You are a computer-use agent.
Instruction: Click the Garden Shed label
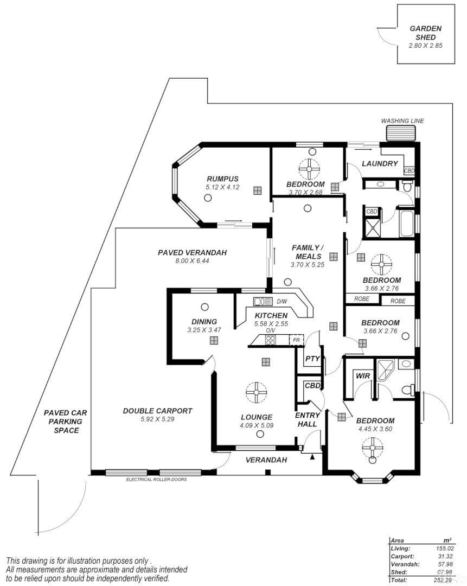pos(426,33)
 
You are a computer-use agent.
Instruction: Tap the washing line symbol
pos(401,133)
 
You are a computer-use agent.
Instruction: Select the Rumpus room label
pos(223,179)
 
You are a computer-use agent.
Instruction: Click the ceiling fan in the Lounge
pos(257,392)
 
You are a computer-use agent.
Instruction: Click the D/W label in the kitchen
pos(282,302)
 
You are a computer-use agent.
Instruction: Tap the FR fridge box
pos(296,340)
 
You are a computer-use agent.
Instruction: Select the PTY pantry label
pos(312,359)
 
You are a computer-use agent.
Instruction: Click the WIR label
pos(363,376)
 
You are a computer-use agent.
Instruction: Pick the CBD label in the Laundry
pos(409,171)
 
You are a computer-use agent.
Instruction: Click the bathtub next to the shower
pos(406,224)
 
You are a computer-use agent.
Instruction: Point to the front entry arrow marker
pos(313,456)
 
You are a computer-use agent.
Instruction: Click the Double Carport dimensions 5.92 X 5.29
pos(158,419)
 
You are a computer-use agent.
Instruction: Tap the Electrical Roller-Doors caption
pos(157,480)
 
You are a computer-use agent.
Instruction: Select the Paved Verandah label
pos(193,253)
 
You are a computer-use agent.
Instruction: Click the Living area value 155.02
pos(445,549)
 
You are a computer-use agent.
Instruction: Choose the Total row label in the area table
pos(399,580)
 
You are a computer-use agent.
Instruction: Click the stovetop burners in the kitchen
pos(270,340)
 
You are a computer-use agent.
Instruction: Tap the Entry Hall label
pos(308,419)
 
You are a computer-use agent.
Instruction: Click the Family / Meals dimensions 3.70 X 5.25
pos(308,265)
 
